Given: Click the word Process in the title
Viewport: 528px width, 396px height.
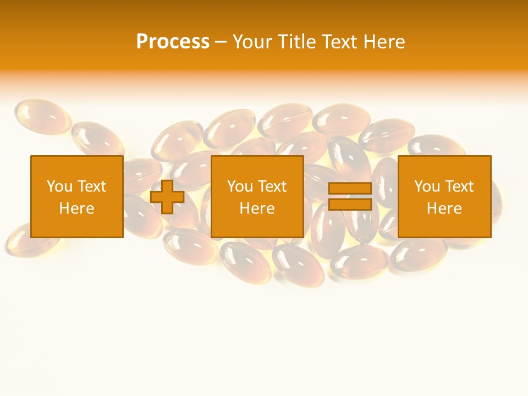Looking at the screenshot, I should (173, 42).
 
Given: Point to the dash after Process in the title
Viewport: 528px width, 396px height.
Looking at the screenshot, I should (221, 42).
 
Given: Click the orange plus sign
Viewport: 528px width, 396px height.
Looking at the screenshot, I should (167, 197).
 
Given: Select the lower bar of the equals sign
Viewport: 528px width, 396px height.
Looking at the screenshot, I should (350, 205).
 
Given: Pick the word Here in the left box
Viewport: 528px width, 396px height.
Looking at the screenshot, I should (77, 208).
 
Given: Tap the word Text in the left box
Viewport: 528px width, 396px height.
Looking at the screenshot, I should (91, 186).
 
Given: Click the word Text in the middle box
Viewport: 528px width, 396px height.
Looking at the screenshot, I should (272, 186).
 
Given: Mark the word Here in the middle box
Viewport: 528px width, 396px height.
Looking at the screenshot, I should (257, 208).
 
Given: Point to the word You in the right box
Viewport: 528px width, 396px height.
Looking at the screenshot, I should (426, 186).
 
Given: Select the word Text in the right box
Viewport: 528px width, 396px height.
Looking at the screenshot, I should (459, 186).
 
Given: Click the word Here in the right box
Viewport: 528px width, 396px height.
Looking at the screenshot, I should (444, 208).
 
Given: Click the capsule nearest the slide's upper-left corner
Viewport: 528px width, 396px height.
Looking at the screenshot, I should (42, 116).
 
